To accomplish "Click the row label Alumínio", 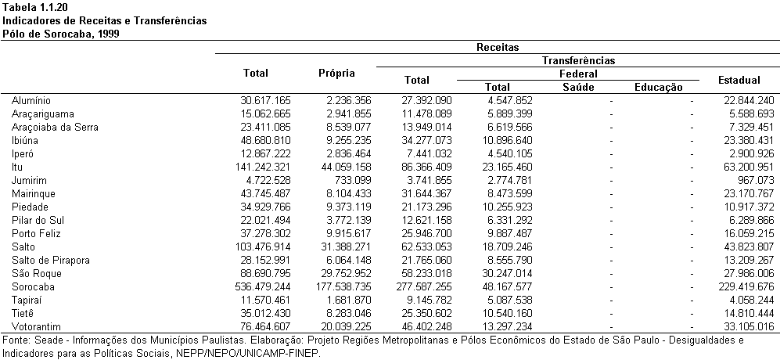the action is pyautogui.click(x=31, y=101).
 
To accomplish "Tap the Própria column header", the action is pyautogui.click(x=336, y=74).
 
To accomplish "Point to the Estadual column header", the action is pyautogui.click(x=739, y=80).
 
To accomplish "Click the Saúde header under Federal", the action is pyautogui.click(x=578, y=88).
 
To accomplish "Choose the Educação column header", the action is pyautogui.click(x=659, y=88).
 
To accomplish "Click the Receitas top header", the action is pyautogui.click(x=498, y=47).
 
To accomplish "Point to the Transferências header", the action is pyautogui.click(x=578, y=61).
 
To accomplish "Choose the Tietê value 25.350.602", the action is pyautogui.click(x=426, y=313).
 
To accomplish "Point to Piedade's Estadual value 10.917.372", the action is pyautogui.click(x=749, y=207).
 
